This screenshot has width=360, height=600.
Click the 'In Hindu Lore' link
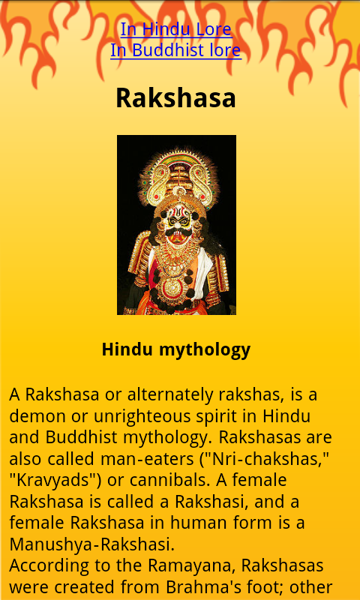pyautogui.click(x=176, y=29)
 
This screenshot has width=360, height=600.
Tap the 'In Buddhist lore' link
pyautogui.click(x=175, y=50)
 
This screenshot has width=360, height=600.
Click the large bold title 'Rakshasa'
pyautogui.click(x=175, y=98)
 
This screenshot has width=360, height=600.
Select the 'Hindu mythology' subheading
pyautogui.click(x=175, y=349)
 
